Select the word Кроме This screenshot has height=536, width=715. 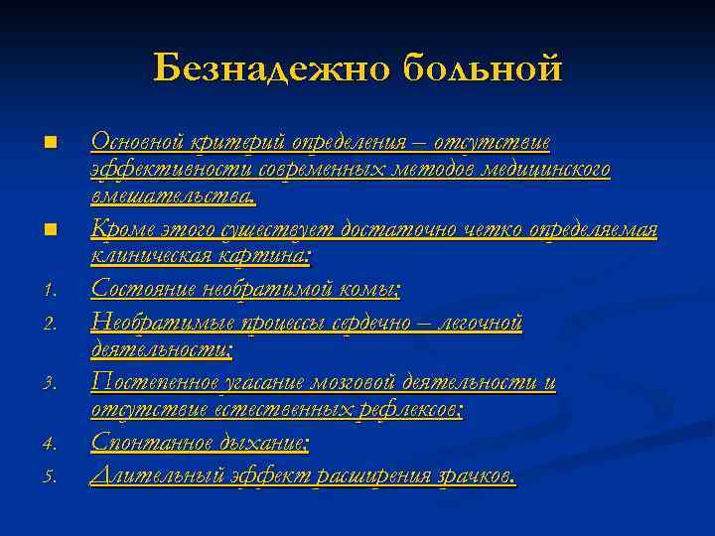point(119,230)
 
